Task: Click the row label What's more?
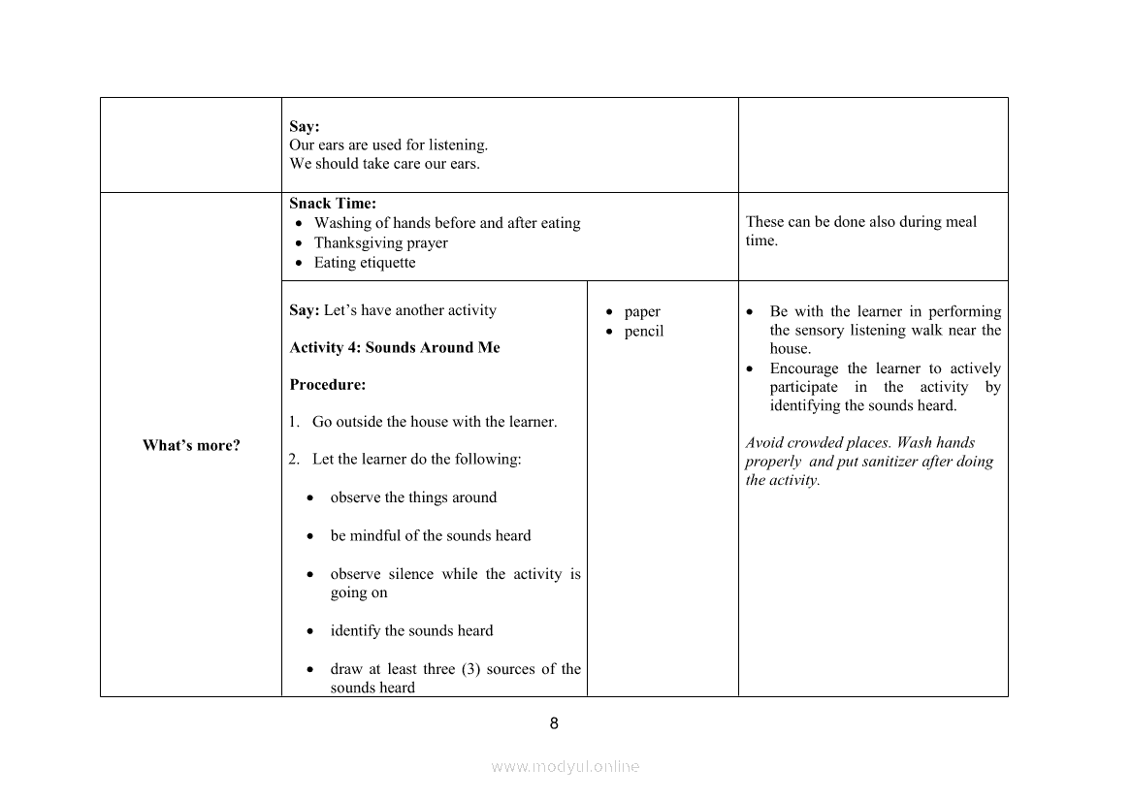coord(191,446)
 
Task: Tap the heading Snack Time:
coord(333,204)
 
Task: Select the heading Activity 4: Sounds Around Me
coord(395,347)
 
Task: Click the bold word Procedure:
coord(328,385)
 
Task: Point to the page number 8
coord(554,723)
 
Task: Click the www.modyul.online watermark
coord(566,766)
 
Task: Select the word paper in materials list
coord(642,311)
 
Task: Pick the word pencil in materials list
coord(644,332)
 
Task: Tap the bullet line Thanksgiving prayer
coord(380,242)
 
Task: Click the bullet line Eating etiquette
coord(364,263)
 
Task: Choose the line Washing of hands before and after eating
coord(447,223)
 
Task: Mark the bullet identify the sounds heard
coord(411,631)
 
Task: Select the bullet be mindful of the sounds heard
coord(431,536)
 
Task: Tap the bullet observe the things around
coord(413,497)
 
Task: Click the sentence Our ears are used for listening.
coord(388,145)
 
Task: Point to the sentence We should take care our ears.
coord(384,164)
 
